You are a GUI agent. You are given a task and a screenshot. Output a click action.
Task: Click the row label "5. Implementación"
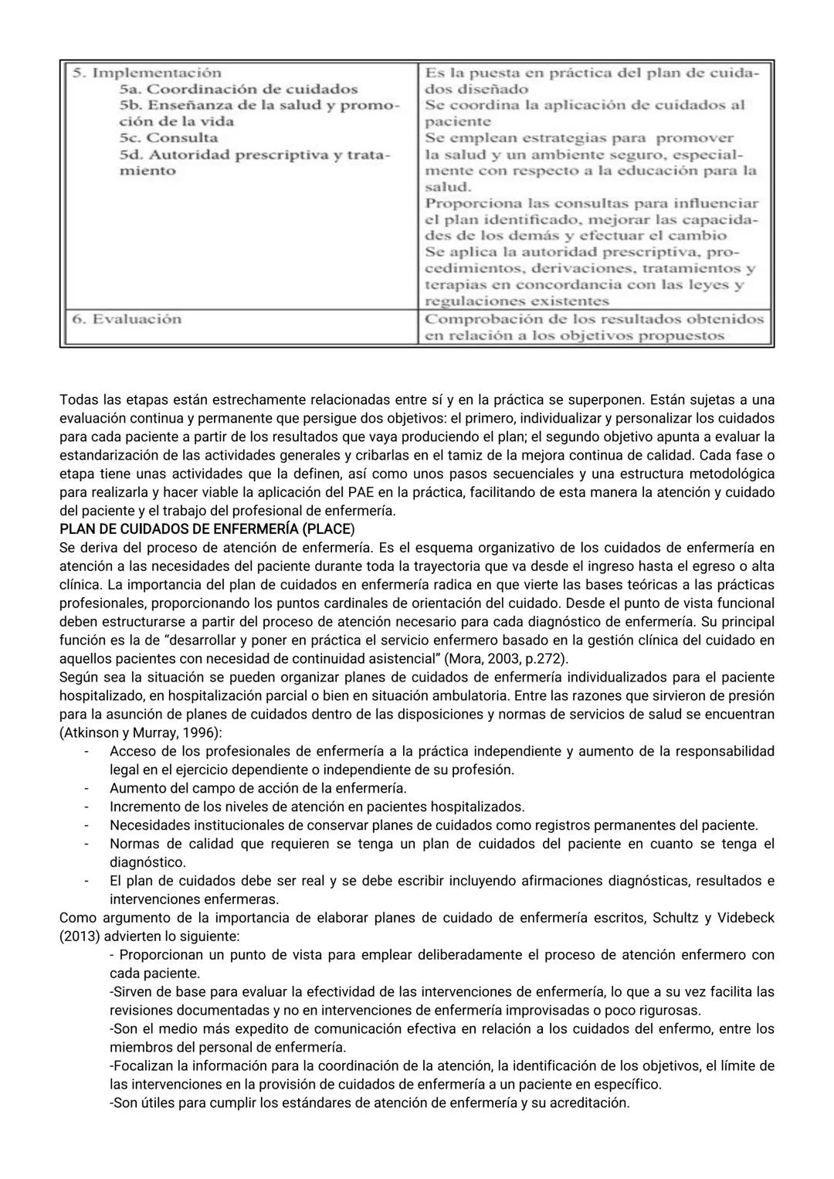147,73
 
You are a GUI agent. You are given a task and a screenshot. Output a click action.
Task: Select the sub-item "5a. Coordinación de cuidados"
239,90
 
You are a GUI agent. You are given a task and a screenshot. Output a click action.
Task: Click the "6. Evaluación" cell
127,319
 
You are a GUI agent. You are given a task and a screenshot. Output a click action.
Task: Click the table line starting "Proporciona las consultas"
592,203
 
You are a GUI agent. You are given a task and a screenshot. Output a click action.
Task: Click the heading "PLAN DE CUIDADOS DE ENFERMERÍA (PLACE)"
207,529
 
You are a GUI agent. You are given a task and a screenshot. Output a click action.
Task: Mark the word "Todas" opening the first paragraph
79,399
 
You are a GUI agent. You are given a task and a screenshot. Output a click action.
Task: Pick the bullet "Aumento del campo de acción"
258,788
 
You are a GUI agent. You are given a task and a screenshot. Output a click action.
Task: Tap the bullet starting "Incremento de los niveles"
317,807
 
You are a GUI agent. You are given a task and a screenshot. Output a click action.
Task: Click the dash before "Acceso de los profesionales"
87,751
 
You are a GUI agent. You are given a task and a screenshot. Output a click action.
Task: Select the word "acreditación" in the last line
588,1103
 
